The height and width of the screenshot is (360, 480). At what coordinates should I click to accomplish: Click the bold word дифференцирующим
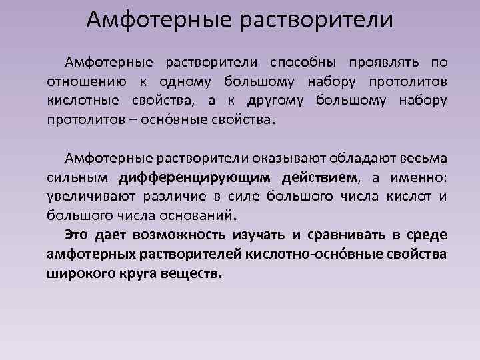pyautogui.click(x=195, y=177)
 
